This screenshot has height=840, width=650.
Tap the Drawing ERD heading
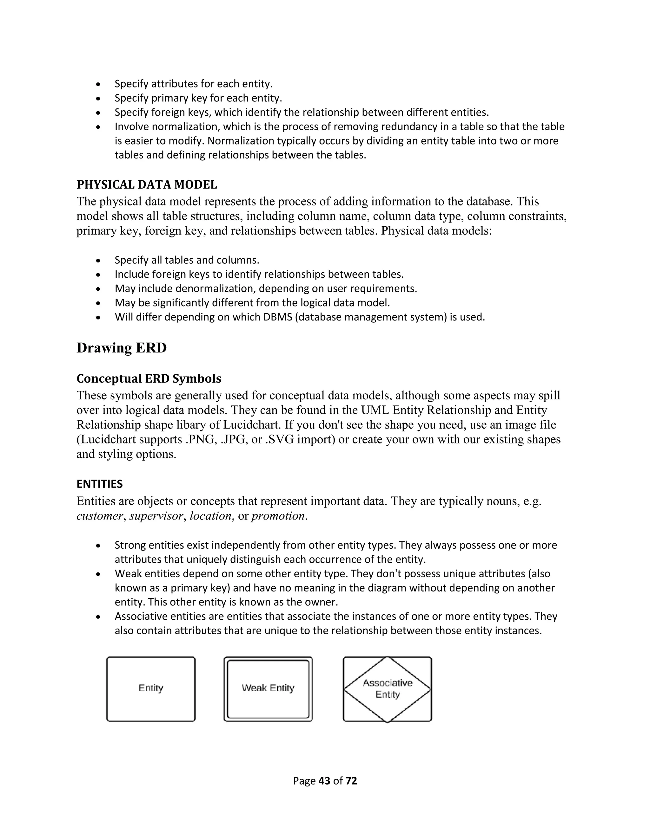pyautogui.click(x=121, y=348)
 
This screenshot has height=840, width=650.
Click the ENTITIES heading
pyautogui.click(x=99, y=484)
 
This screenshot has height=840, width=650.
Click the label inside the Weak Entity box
pyautogui.click(x=268, y=688)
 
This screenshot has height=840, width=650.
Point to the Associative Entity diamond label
pyautogui.click(x=388, y=688)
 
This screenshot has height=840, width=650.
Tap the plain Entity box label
pyautogui.click(x=151, y=688)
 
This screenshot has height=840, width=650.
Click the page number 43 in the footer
pyautogui.click(x=325, y=781)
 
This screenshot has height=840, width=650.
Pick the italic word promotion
pyautogui.click(x=278, y=516)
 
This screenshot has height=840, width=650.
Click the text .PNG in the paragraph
pyautogui.click(x=199, y=439)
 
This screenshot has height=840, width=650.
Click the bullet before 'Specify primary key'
pyautogui.click(x=99, y=99)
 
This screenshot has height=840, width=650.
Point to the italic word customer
pyautogui.click(x=99, y=516)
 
